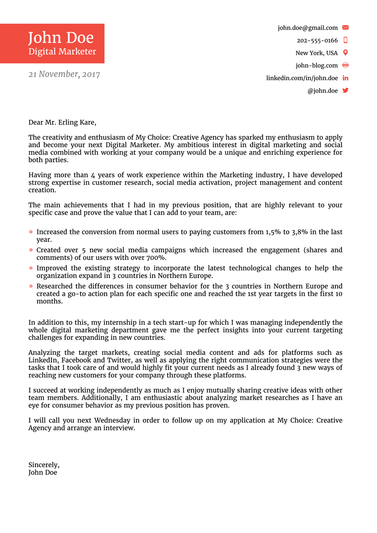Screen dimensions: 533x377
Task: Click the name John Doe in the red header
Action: point(61,38)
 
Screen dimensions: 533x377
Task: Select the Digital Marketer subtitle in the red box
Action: point(62,51)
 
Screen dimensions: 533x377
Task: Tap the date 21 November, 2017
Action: point(64,74)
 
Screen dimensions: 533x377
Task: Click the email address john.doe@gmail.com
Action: point(307,28)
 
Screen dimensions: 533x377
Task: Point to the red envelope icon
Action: point(345,27)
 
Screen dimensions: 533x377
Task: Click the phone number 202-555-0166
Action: point(317,40)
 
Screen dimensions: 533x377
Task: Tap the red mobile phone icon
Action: point(345,40)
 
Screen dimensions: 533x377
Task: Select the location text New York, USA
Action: point(316,53)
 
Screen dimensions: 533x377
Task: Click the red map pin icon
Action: point(345,53)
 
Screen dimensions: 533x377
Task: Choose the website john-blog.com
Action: point(316,65)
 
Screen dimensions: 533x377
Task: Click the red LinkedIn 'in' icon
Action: point(345,78)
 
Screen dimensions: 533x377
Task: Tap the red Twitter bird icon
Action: point(345,91)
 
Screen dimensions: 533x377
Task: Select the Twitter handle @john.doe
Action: point(322,91)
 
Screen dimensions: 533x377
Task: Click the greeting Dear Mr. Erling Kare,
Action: point(62,122)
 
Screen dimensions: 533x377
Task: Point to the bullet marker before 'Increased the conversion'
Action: point(31,232)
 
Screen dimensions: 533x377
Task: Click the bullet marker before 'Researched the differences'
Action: point(31,286)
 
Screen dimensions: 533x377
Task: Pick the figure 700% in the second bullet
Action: point(156,258)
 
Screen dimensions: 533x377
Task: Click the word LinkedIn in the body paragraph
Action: point(43,360)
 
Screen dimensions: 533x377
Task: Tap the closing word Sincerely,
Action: point(44,465)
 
